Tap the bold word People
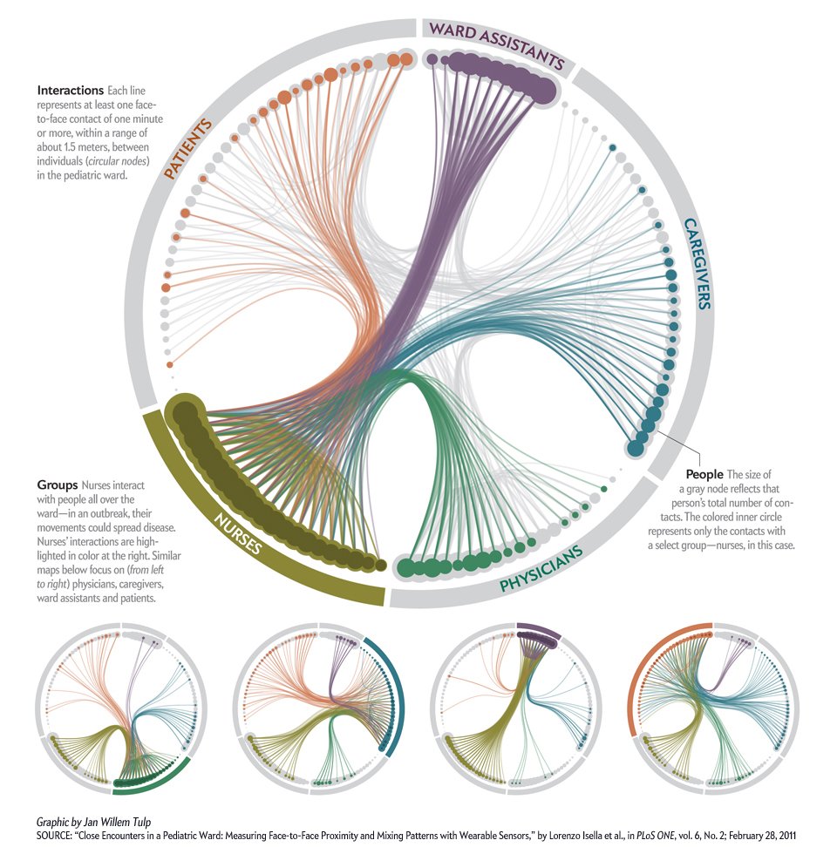tap(704, 474)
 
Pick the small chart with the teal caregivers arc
tap(318, 708)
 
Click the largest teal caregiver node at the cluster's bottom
tap(634, 448)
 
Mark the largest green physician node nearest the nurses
tap(406, 568)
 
